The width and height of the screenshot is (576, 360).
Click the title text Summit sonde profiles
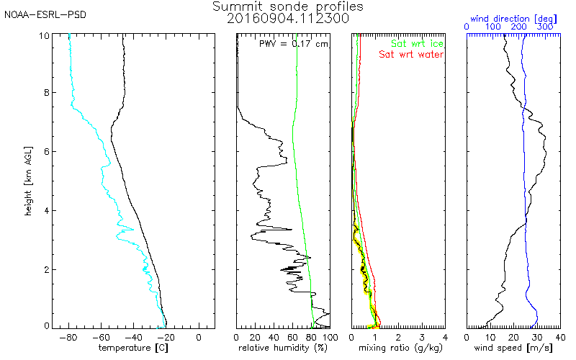point(288,6)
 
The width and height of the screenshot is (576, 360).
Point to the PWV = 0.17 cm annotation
point(293,43)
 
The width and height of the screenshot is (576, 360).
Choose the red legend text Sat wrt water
point(412,54)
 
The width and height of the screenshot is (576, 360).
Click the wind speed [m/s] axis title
point(513,348)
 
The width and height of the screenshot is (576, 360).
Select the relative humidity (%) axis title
point(283,348)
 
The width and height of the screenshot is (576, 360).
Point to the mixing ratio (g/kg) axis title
point(397,348)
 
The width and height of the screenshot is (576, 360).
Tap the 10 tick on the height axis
point(45,35)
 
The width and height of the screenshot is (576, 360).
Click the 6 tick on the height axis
point(47,152)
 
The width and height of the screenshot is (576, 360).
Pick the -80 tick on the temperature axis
point(70,337)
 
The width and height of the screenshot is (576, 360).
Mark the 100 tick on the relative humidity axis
point(330,337)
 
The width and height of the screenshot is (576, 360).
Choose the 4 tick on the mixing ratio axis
point(445,337)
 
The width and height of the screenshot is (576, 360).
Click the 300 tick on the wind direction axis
point(545,27)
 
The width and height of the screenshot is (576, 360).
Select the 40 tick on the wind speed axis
point(559,337)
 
